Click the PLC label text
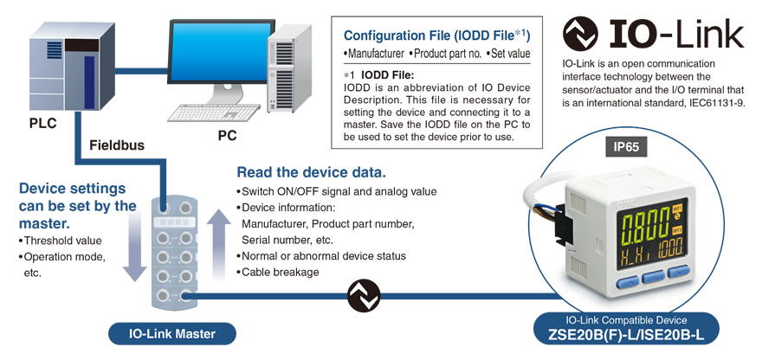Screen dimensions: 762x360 (42, 123)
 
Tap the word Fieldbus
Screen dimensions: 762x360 (117, 145)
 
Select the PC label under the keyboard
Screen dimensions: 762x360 (227, 136)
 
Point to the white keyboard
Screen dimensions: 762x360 (214, 113)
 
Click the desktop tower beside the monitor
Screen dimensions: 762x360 (288, 68)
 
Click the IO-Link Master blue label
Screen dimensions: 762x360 (172, 334)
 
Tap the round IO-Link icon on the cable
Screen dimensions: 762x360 (364, 295)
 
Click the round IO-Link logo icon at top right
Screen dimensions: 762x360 (580, 34)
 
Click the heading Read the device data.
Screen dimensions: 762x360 (311, 172)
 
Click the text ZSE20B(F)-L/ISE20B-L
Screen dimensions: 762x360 (626, 334)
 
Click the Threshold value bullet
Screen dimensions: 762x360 (61, 241)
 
